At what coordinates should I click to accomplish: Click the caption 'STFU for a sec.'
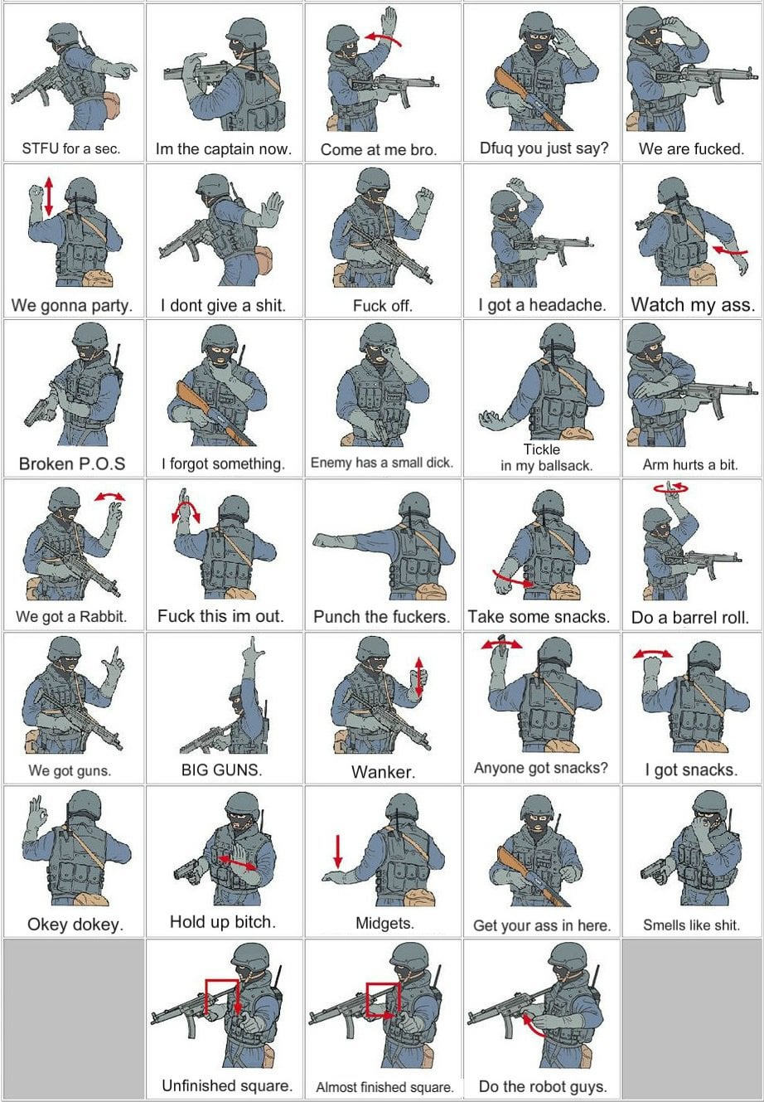[x=71, y=148]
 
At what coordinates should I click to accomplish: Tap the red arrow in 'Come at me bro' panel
[x=383, y=37]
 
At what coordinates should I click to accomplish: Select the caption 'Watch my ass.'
[x=693, y=304]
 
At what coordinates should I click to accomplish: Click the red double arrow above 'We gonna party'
[x=48, y=196]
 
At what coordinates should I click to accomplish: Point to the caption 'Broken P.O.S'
[x=72, y=464]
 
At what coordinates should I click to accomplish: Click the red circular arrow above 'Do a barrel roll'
[x=670, y=488]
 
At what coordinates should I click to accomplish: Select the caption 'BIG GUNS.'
[x=222, y=769]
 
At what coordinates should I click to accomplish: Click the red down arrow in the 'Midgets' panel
[x=338, y=851]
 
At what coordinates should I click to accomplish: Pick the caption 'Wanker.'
[x=384, y=772]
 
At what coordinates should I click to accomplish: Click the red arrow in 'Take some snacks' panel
[x=513, y=579]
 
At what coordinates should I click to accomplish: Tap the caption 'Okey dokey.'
[x=75, y=925]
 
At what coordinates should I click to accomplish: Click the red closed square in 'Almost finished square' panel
[x=383, y=1000]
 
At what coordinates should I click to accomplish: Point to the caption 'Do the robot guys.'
[x=543, y=1085]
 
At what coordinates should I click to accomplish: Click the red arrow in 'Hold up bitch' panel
[x=237, y=862]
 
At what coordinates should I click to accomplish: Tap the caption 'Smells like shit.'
[x=691, y=925]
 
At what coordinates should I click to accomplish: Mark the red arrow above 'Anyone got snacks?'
[x=501, y=644]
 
